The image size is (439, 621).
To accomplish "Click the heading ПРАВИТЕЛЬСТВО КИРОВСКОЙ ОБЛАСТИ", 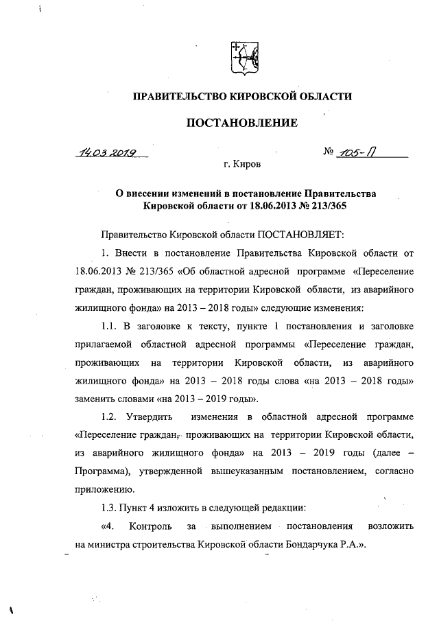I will (241, 97).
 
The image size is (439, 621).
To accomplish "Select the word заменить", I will (95, 398).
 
